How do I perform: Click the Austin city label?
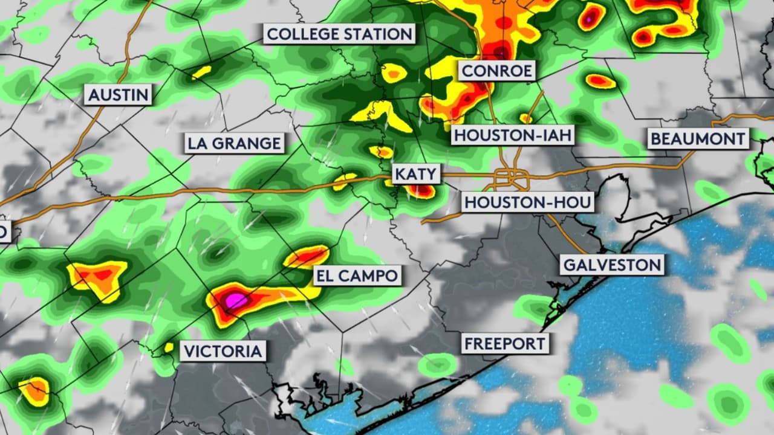pyautogui.click(x=118, y=94)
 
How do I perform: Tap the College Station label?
pyautogui.click(x=339, y=34)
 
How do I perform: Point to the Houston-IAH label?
pyautogui.click(x=513, y=135)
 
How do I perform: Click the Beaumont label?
pyautogui.click(x=698, y=139)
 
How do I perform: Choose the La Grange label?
pyautogui.click(x=234, y=143)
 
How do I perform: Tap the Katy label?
pyautogui.click(x=415, y=175)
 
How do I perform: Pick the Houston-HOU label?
pyautogui.click(x=528, y=202)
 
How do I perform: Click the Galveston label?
pyautogui.click(x=612, y=265)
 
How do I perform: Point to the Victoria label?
pyautogui.click(x=223, y=351)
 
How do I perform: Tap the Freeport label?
pyautogui.click(x=505, y=344)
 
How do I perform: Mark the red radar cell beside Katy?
pyautogui.click(x=421, y=192)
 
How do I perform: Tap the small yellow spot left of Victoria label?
pyautogui.click(x=169, y=347)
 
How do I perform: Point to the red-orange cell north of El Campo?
pyautogui.click(x=307, y=257)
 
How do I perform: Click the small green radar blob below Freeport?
pyautogui.click(x=438, y=364)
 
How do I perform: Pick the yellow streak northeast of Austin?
pyautogui.click(x=201, y=72)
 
